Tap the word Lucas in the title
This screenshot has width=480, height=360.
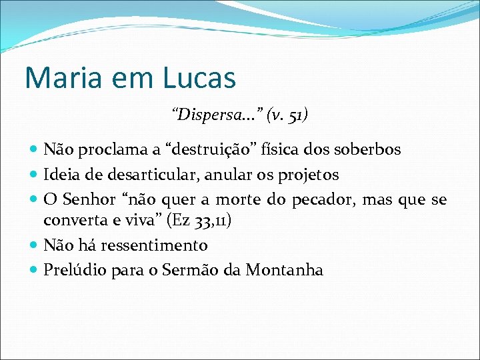coord(199,78)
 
